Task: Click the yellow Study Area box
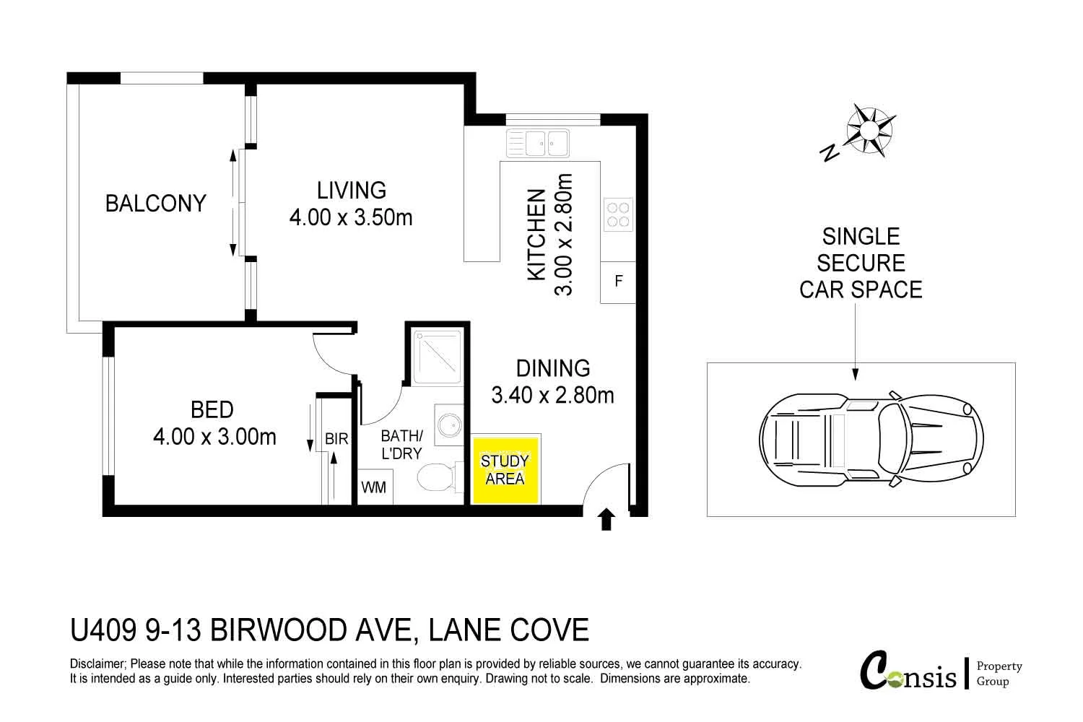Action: pos(505,469)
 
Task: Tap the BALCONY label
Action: pos(156,204)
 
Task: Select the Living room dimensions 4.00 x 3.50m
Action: pos(351,217)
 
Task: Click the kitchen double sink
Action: pos(538,142)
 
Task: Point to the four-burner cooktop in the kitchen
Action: pos(617,214)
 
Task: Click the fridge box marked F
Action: pos(618,282)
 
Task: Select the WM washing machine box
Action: pos(373,487)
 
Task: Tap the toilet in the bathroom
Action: pos(438,477)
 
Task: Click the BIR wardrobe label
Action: pos(336,439)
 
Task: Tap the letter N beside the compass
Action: pos(830,152)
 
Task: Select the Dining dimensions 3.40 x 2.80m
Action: pos(552,396)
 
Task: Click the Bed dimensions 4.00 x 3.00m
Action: pos(214,437)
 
